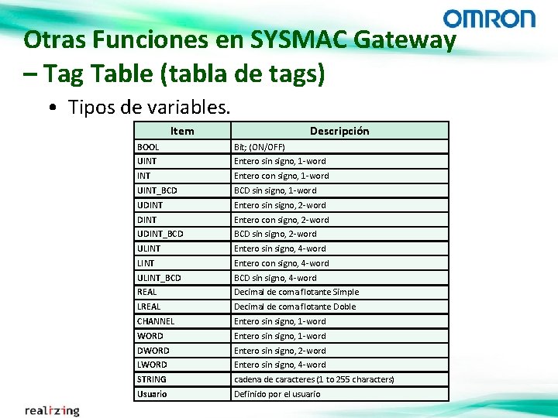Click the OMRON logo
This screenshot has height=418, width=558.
(x=489, y=19)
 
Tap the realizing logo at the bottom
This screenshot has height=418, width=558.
(x=52, y=410)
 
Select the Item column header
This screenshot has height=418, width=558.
(x=182, y=131)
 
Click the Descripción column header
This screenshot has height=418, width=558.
(x=339, y=131)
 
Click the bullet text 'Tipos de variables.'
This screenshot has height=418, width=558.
(x=149, y=107)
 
